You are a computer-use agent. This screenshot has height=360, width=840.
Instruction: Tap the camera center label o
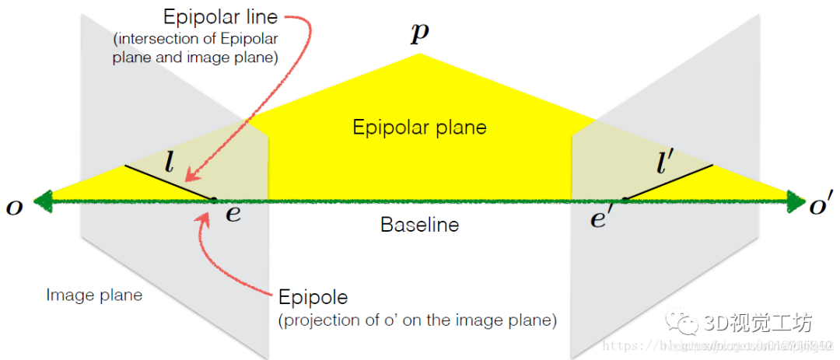coord(14,207)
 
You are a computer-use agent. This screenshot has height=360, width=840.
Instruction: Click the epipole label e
coord(233,215)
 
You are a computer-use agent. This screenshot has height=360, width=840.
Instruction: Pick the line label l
coord(170,163)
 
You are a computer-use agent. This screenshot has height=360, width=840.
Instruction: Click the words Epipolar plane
coord(419,127)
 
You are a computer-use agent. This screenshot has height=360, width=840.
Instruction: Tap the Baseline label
coord(419,225)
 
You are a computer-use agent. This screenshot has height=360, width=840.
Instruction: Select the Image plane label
coord(94,295)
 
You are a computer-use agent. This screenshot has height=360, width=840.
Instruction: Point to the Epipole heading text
coord(313,298)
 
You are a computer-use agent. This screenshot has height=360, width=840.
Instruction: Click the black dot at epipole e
coord(214,201)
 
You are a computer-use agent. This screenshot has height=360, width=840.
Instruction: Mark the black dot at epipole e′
coord(624,201)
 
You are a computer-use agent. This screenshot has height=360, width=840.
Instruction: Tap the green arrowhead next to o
coord(39,201)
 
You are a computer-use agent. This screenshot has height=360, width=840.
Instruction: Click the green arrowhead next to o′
coord(798,201)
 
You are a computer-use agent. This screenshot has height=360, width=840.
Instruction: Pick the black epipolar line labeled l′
coord(668,183)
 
